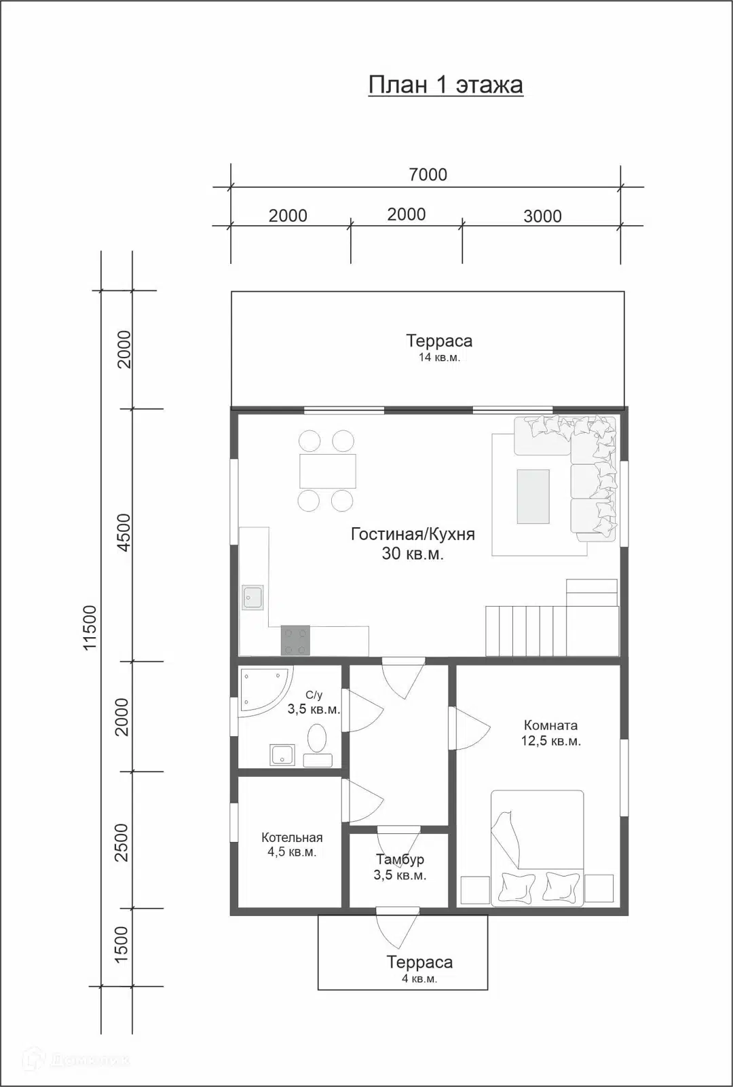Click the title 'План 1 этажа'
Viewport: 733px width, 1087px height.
[x=446, y=85]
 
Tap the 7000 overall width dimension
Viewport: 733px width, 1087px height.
[x=428, y=174]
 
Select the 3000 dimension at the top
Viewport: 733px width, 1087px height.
[x=542, y=216]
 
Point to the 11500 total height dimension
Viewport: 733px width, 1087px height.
[x=91, y=628]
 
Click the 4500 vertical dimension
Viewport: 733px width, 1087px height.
[x=124, y=533]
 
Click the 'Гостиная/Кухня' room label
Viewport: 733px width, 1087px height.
[x=413, y=534]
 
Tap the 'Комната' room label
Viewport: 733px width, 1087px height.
[x=550, y=725]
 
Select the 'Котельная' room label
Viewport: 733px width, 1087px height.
[x=292, y=837]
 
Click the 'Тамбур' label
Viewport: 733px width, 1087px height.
[x=400, y=860]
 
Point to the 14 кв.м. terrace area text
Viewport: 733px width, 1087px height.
[x=439, y=358]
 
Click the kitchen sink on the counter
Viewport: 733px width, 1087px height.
[x=253, y=597]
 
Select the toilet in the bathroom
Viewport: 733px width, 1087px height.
[x=318, y=745]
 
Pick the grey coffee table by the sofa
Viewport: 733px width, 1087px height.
[x=533, y=497]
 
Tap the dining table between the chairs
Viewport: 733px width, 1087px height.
[x=328, y=471]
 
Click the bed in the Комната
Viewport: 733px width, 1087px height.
[x=537, y=847]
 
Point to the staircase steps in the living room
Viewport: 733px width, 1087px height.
[x=526, y=631]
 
